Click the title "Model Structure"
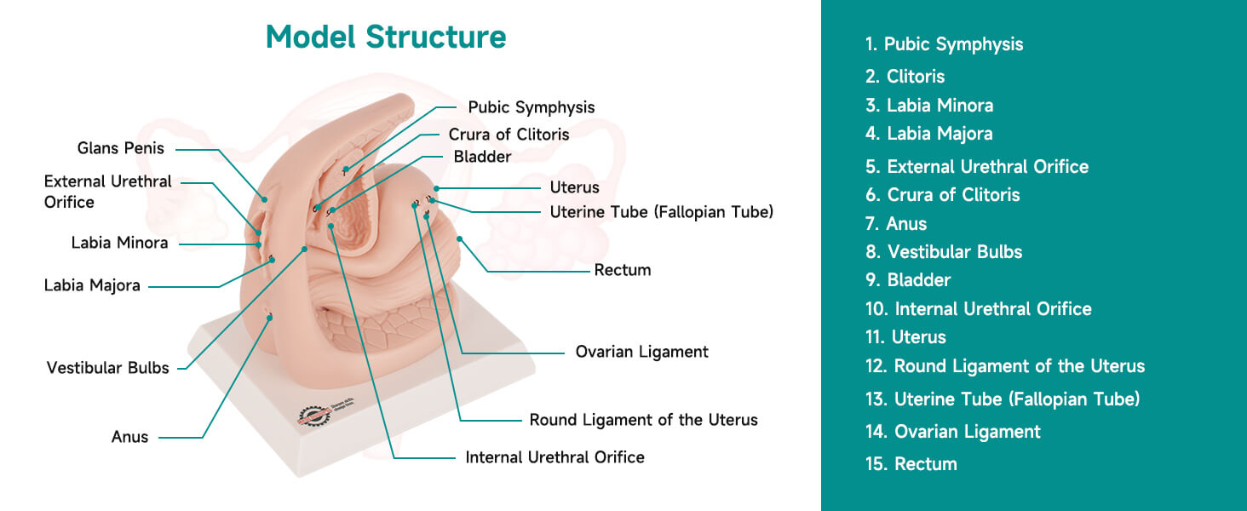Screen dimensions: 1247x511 pos(386,37)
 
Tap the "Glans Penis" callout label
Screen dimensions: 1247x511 pos(121,148)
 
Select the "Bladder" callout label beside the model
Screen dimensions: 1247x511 pos(482,157)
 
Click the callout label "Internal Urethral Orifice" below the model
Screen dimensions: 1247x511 pos(555,457)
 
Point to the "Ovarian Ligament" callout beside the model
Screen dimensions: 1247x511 pos(642,352)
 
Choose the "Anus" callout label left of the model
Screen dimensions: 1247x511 pos(129,437)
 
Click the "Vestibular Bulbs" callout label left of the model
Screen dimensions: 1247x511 pos(107,368)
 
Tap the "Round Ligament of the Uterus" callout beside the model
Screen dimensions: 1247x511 pos(644,420)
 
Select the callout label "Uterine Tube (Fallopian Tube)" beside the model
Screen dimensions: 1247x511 pos(661,212)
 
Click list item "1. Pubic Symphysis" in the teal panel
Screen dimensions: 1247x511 pos(944,44)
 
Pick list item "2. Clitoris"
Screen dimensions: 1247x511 pos(905,77)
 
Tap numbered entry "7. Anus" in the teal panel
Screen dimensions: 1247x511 pos(896,224)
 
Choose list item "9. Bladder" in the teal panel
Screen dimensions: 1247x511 pos(908,280)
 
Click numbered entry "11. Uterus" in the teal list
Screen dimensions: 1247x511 pos(905,337)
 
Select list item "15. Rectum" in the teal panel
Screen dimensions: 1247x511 pos(911,464)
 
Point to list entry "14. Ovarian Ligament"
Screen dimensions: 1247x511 pos(953,432)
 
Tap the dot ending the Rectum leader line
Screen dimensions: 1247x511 pos(460,239)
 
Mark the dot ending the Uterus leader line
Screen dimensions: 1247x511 pos(436,189)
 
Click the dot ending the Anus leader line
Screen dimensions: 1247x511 pos(270,318)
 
